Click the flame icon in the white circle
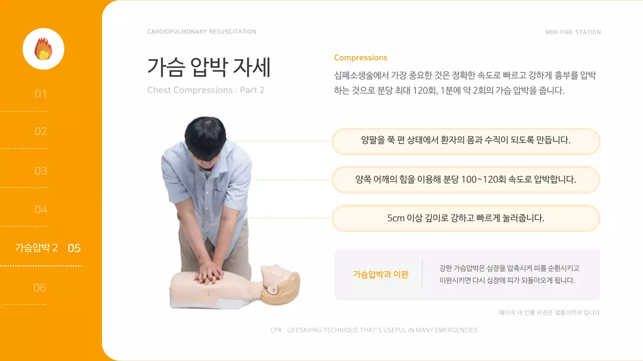[43, 49]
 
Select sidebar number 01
[41, 94]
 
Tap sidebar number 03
[41, 171]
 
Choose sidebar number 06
[40, 287]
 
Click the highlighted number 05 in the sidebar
[74, 248]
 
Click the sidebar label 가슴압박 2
[36, 248]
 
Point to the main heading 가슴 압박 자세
[208, 67]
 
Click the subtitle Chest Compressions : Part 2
[205, 90]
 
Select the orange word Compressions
[360, 58]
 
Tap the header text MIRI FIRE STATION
[573, 32]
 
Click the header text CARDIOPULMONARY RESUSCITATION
[201, 32]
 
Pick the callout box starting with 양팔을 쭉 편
[466, 141]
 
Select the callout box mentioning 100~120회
[466, 179]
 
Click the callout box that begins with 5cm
[466, 218]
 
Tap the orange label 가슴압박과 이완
[380, 274]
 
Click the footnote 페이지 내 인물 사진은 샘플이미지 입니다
[550, 312]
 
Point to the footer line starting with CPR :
[374, 330]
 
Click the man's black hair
[206, 133]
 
